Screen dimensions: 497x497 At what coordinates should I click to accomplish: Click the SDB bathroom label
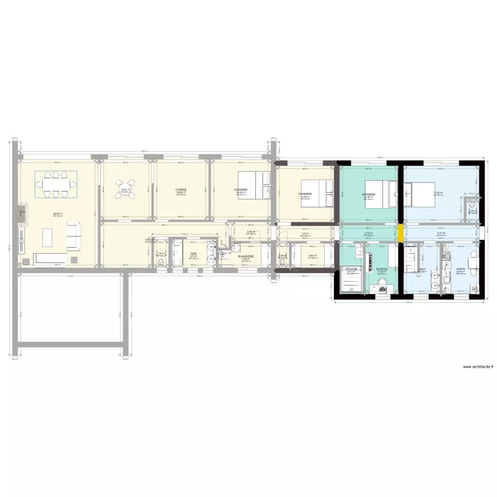193,254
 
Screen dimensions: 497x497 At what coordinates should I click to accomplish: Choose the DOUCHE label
352,269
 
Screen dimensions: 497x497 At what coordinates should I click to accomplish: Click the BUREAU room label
381,268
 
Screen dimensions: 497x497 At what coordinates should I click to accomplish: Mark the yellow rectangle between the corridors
402,233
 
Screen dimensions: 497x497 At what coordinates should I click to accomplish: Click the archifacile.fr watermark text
477,367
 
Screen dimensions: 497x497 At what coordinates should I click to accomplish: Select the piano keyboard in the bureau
378,255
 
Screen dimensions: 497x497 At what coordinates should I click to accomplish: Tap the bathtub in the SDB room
177,255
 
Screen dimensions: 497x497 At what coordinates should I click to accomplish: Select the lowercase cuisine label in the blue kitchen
460,269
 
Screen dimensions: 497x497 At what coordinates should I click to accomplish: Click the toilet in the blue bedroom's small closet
471,207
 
